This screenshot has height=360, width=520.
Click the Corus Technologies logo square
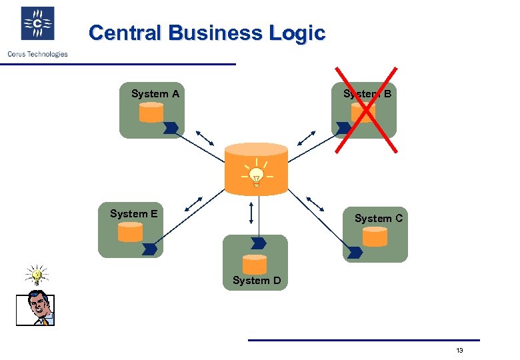coord(38,24)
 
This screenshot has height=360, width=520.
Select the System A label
coord(155,94)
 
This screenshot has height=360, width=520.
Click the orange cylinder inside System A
coord(151,112)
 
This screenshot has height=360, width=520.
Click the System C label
coord(378,218)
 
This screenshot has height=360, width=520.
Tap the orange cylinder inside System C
coord(375,237)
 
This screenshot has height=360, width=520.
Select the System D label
coord(256,281)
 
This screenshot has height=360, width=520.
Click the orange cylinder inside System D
coord(255,265)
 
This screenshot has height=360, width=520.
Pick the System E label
coord(133,214)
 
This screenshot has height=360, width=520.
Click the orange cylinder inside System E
coord(130,232)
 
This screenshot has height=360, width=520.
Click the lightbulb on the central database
coord(256,175)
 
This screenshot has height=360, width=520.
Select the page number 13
coord(459,351)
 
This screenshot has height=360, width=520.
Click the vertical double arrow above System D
coord(251,213)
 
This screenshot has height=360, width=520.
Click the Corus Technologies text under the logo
coord(37,54)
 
